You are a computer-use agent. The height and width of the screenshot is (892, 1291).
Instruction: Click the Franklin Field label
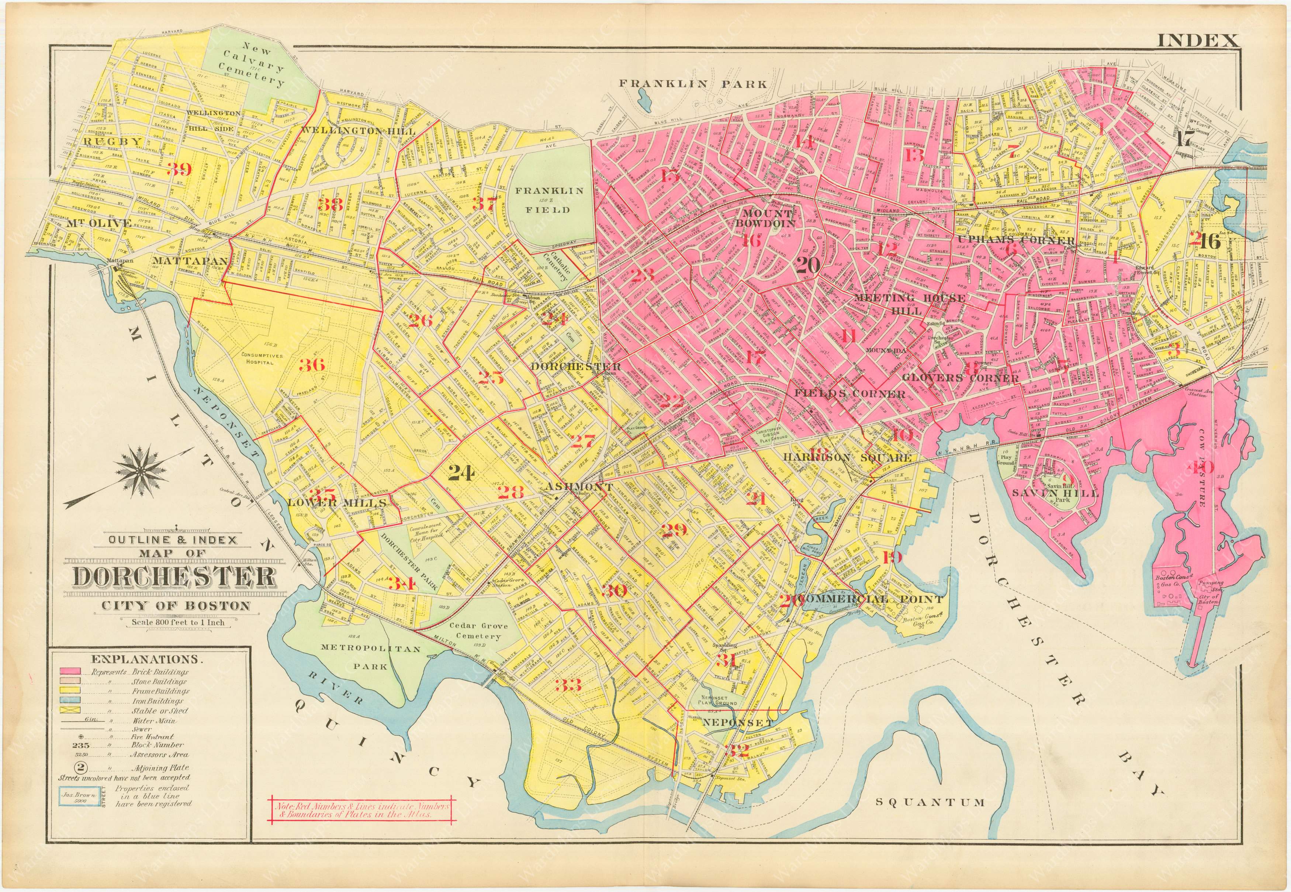point(549,200)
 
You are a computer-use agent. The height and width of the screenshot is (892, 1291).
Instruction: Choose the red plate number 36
point(312,365)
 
